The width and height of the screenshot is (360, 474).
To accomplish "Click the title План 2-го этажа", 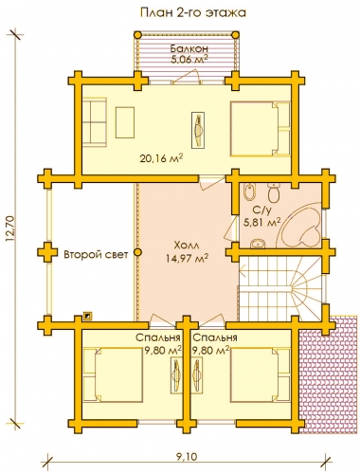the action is pyautogui.click(x=192, y=12).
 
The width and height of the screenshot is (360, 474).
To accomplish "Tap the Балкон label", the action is pyautogui.click(x=189, y=48).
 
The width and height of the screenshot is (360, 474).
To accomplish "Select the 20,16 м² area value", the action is pyautogui.click(x=161, y=157).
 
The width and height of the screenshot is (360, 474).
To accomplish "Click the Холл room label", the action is pyautogui.click(x=187, y=246).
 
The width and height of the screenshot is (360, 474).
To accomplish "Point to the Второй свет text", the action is pyautogui.click(x=96, y=254).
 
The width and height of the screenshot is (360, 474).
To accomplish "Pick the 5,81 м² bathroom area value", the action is pyautogui.click(x=261, y=222).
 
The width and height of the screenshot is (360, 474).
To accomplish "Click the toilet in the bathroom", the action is pyautogui.click(x=273, y=192).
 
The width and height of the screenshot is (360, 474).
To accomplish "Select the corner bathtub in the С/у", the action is pyautogui.click(x=298, y=226).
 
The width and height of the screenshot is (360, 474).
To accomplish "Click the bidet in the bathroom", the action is pyautogui.click(x=250, y=191).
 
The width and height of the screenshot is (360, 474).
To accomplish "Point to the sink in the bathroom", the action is pyautogui.click(x=259, y=244).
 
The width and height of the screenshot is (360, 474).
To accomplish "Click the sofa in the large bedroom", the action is pyautogui.click(x=95, y=121).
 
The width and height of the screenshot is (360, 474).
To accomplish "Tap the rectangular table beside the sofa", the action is pyautogui.click(x=125, y=122).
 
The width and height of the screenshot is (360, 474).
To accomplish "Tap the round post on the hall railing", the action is pyautogui.click(x=137, y=252).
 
